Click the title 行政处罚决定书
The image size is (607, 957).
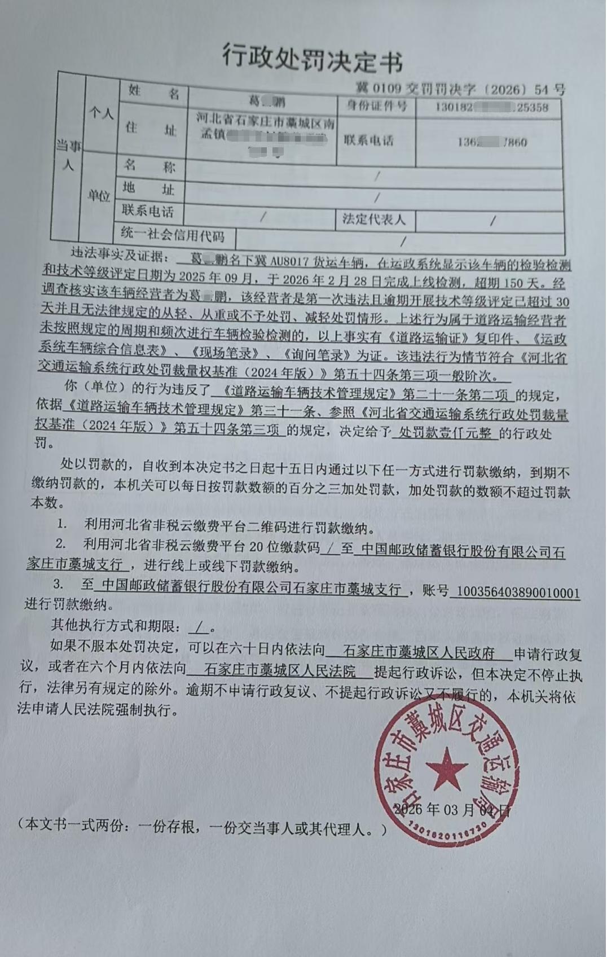tap(312, 59)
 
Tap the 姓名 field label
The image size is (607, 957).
tap(153, 93)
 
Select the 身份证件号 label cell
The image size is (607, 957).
tap(376, 106)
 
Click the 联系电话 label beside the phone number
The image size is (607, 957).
tap(369, 141)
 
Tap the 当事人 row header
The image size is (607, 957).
tap(68, 156)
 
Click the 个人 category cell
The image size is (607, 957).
tap(100, 114)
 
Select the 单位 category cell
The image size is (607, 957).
tap(98, 196)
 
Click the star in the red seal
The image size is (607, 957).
tap(446, 768)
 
